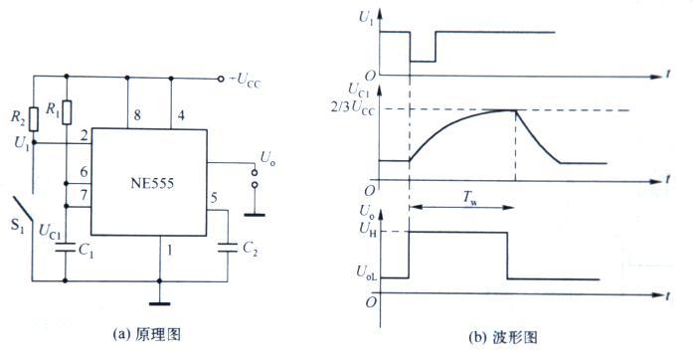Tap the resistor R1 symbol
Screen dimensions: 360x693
(66, 111)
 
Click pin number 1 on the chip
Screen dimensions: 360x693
(171, 250)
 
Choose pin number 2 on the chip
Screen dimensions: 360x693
(85, 134)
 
